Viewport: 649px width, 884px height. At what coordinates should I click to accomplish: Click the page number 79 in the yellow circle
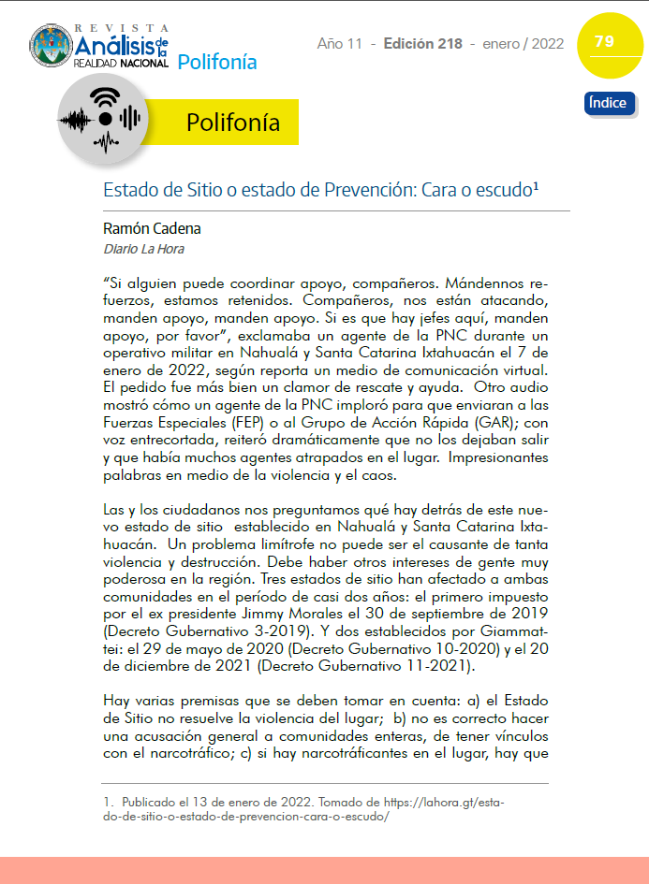click(604, 41)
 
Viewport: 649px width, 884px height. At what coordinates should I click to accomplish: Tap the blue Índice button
click(609, 103)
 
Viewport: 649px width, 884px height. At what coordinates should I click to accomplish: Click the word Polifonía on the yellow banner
click(233, 123)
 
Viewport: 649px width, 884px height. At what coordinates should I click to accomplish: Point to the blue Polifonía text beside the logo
click(216, 63)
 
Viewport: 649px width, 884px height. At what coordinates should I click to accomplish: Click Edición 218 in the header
click(423, 44)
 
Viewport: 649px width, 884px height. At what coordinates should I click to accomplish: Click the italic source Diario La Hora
click(143, 249)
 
